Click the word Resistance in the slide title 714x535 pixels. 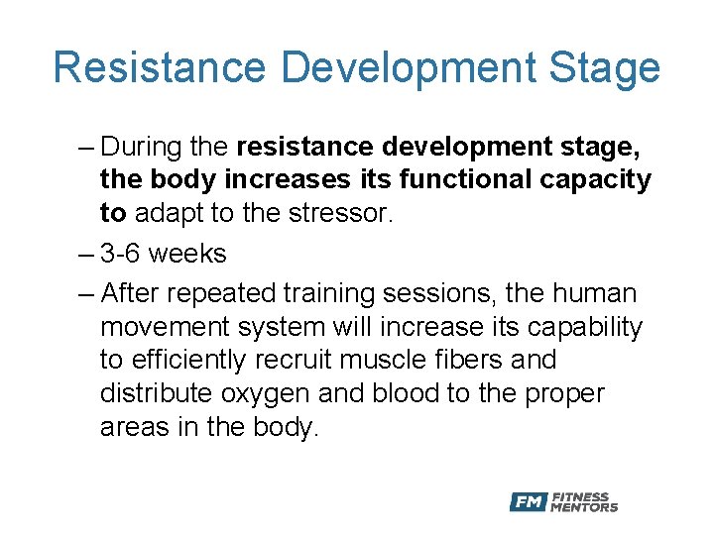160,67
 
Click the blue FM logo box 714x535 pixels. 529,502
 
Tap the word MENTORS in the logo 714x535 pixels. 584,508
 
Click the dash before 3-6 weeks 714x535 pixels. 86,254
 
